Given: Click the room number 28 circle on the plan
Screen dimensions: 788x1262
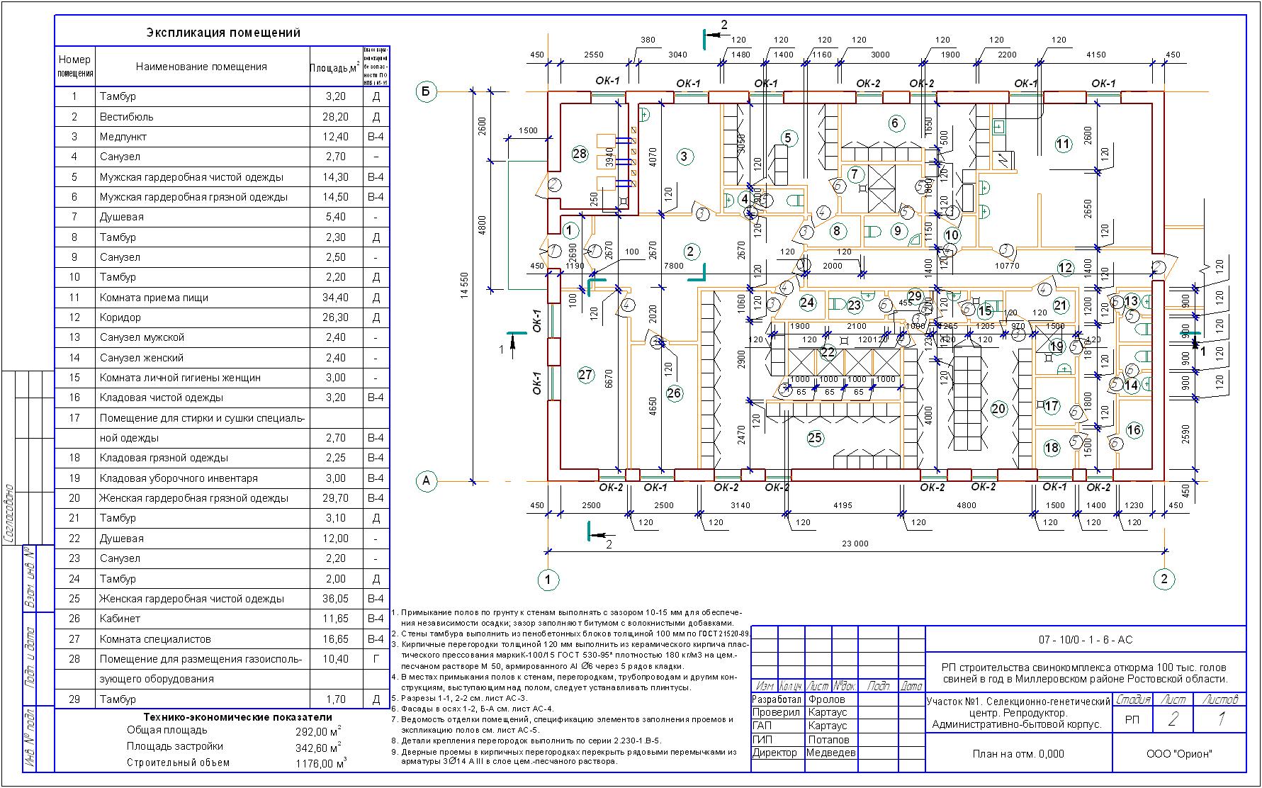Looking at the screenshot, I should (x=580, y=154).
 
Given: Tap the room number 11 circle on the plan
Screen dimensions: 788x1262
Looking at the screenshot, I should (x=1063, y=145).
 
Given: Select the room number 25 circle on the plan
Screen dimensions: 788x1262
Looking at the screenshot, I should (x=815, y=438).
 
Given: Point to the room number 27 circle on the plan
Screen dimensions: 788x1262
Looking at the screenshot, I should (x=585, y=375).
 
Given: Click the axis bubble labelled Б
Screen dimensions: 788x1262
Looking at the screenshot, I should (x=426, y=91).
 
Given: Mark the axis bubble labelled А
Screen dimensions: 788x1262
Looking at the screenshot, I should (x=426, y=481).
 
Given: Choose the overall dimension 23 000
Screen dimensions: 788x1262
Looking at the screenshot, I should (x=855, y=544).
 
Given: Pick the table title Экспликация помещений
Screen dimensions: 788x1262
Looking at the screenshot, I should (x=223, y=33).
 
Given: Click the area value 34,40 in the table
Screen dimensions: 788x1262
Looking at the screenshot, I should (x=335, y=298).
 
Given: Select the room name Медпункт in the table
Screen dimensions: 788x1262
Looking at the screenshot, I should (x=125, y=137).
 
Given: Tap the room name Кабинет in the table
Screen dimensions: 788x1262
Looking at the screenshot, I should (x=120, y=619).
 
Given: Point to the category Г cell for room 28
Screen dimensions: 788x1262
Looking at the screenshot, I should (x=376, y=659).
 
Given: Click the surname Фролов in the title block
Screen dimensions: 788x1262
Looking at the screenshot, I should (x=826, y=699).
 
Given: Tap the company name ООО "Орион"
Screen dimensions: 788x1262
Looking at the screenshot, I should (x=1179, y=754).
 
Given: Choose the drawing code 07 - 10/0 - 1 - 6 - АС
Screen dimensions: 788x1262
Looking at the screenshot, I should (x=1086, y=640).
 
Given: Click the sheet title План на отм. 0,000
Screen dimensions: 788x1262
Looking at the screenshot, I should (x=1018, y=754).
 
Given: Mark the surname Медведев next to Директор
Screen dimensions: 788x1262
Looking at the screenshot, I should (x=830, y=753).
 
